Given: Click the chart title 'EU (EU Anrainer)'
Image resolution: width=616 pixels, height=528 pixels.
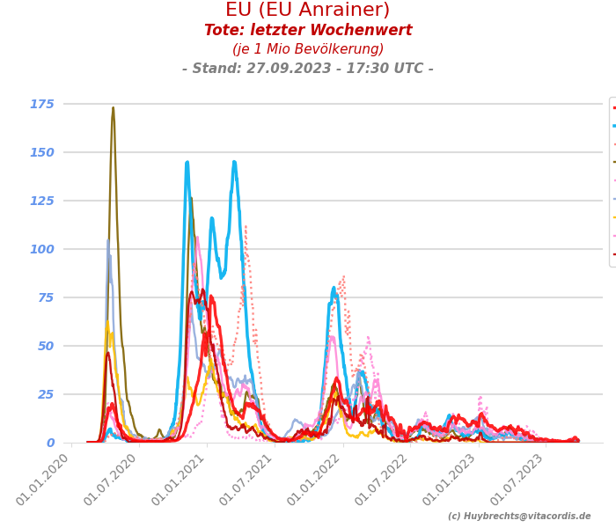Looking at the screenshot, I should [307, 11].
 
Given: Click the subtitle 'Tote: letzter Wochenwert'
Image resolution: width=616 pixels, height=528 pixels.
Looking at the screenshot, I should [307, 31].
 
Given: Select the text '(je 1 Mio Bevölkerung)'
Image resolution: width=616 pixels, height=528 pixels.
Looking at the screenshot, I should [307, 49].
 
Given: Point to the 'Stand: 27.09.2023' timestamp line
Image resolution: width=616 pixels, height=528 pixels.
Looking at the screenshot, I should [307, 69].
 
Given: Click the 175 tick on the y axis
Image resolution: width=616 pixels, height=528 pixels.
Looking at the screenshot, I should [41, 104].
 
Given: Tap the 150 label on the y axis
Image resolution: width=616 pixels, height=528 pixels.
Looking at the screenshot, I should [41, 152].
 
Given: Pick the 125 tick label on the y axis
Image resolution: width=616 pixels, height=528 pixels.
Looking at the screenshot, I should [41, 201].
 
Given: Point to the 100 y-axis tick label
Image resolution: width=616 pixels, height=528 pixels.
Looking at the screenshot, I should [41, 249].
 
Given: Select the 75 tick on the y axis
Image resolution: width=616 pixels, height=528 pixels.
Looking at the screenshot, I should [45, 297].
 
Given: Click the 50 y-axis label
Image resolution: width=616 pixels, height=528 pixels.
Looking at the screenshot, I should [45, 346].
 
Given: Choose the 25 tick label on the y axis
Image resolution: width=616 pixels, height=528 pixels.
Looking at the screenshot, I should [45, 394].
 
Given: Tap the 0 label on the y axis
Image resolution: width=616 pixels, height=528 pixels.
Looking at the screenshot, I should [49, 443].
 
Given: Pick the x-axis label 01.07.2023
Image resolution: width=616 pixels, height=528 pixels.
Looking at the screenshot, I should [520, 480].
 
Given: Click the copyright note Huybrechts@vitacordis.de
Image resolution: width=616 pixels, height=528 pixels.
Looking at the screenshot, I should [519, 517].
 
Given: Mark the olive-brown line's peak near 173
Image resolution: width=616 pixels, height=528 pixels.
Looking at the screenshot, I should [113, 108].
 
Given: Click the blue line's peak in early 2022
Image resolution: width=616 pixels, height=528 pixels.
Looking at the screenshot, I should [334, 287].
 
